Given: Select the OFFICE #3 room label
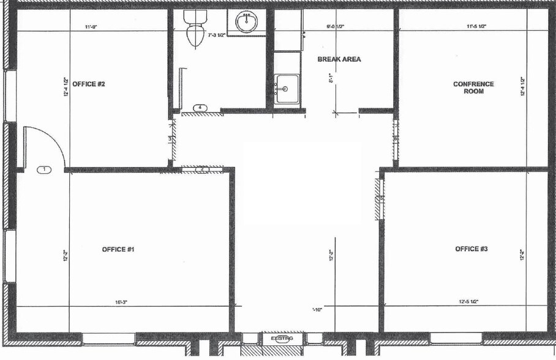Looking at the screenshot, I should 471,249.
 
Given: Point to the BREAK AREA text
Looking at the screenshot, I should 339,59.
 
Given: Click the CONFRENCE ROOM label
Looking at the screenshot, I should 473,88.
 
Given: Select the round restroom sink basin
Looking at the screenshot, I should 247,23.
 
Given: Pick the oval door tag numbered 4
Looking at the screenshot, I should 200,108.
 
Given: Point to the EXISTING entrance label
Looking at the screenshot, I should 282,338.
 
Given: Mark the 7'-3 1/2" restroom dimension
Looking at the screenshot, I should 218,36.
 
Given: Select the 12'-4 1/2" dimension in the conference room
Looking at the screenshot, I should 522,88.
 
